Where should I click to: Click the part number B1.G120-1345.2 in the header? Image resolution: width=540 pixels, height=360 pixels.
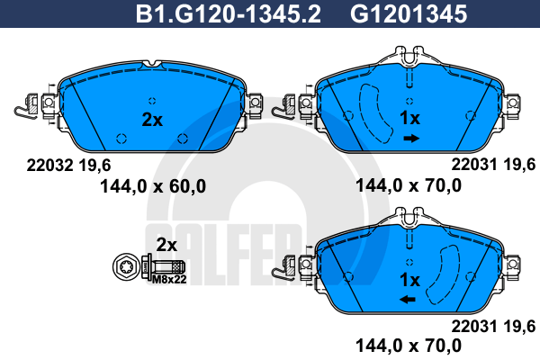[229, 14]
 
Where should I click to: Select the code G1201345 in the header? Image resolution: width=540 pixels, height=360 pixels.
[409, 14]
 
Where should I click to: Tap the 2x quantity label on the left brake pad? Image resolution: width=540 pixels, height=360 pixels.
[152, 120]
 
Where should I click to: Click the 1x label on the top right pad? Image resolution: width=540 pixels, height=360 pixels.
[409, 118]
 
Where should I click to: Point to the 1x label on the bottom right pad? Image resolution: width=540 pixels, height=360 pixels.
[409, 280]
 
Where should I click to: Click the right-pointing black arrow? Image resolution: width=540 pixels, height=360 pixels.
[411, 139]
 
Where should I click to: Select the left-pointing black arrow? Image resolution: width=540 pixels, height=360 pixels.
[408, 300]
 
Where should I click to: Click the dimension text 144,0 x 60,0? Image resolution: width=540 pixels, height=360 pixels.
[153, 186]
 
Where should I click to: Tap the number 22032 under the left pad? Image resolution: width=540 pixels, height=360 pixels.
[49, 166]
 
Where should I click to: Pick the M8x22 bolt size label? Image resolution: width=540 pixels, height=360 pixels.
[169, 279]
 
